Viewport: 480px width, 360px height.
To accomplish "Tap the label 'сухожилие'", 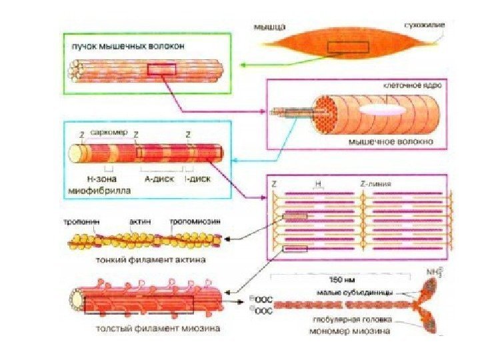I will point(424,25).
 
